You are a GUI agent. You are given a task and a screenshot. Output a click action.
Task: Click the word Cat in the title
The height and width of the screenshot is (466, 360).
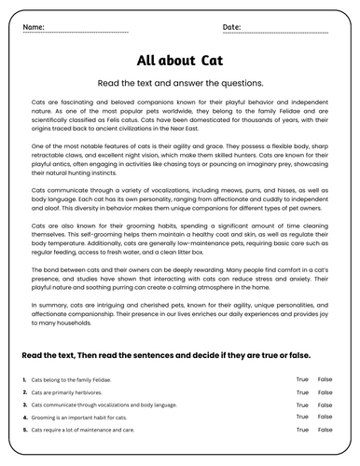211,61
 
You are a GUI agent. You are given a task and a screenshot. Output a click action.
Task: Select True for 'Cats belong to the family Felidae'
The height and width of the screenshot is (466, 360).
301,380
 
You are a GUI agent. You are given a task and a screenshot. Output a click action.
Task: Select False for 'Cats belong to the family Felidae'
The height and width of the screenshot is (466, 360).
325,380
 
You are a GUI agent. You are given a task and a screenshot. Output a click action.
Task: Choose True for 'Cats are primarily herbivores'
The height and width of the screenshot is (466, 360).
301,393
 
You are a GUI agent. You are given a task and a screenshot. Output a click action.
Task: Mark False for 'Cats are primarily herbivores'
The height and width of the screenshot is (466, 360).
325,393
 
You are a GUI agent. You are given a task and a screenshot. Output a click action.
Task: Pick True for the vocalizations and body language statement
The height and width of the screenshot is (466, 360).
301,405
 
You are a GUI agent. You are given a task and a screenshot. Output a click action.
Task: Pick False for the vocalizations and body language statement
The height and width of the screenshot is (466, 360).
325,405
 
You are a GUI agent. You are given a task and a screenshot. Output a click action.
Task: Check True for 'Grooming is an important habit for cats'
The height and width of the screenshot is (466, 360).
301,418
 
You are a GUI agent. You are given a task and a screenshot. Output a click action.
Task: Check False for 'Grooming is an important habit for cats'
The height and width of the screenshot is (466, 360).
325,418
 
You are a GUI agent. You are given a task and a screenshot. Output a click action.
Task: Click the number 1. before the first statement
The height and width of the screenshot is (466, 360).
22,380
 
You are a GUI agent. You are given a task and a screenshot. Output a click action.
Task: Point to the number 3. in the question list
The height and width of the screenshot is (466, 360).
22,405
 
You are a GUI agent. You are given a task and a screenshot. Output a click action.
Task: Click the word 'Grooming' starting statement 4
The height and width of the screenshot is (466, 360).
43,418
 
